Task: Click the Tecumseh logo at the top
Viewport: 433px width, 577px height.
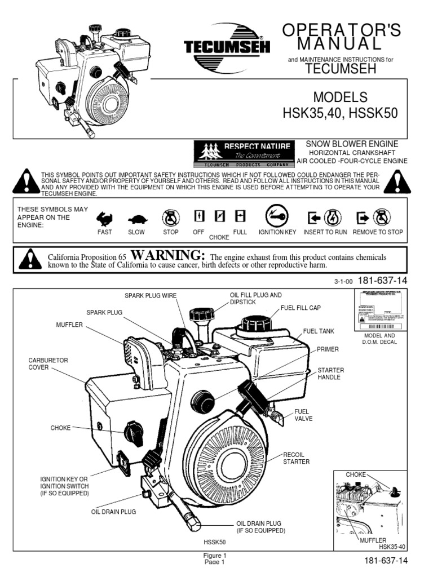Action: click(x=227, y=47)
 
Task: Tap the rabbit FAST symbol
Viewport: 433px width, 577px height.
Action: click(x=104, y=219)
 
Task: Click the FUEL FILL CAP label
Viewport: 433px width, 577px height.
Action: click(x=301, y=308)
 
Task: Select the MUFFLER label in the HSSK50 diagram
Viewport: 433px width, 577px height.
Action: click(x=69, y=325)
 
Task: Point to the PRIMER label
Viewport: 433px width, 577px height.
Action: click(x=328, y=349)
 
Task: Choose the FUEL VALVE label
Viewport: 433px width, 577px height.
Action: click(x=303, y=415)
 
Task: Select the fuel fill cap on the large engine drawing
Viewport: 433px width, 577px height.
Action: click(x=257, y=323)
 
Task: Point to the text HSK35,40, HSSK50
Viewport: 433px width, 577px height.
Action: click(x=339, y=113)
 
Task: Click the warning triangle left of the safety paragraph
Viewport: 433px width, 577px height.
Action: click(x=26, y=182)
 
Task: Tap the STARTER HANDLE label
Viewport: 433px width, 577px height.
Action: click(x=330, y=373)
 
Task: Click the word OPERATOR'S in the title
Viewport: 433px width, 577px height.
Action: click(x=342, y=31)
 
